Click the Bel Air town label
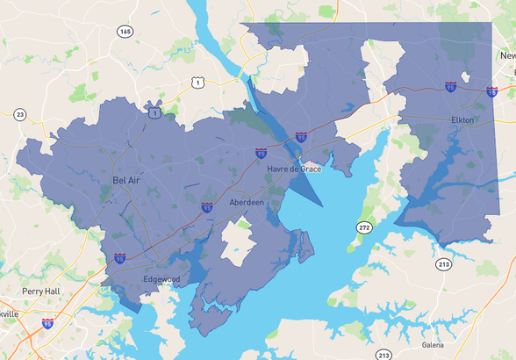click(126, 179)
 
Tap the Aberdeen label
click(246, 202)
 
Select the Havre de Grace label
click(294, 168)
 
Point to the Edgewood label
click(161, 279)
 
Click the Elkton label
click(462, 119)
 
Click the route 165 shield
click(125, 31)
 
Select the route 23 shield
click(19, 114)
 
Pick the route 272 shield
click(364, 227)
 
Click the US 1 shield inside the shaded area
click(155, 113)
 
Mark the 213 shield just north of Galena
click(444, 263)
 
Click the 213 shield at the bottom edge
click(383, 355)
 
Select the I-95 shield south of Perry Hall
click(47, 324)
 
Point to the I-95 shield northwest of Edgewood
click(119, 258)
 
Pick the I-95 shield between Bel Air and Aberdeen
click(206, 207)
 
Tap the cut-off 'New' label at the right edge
click(507, 55)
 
